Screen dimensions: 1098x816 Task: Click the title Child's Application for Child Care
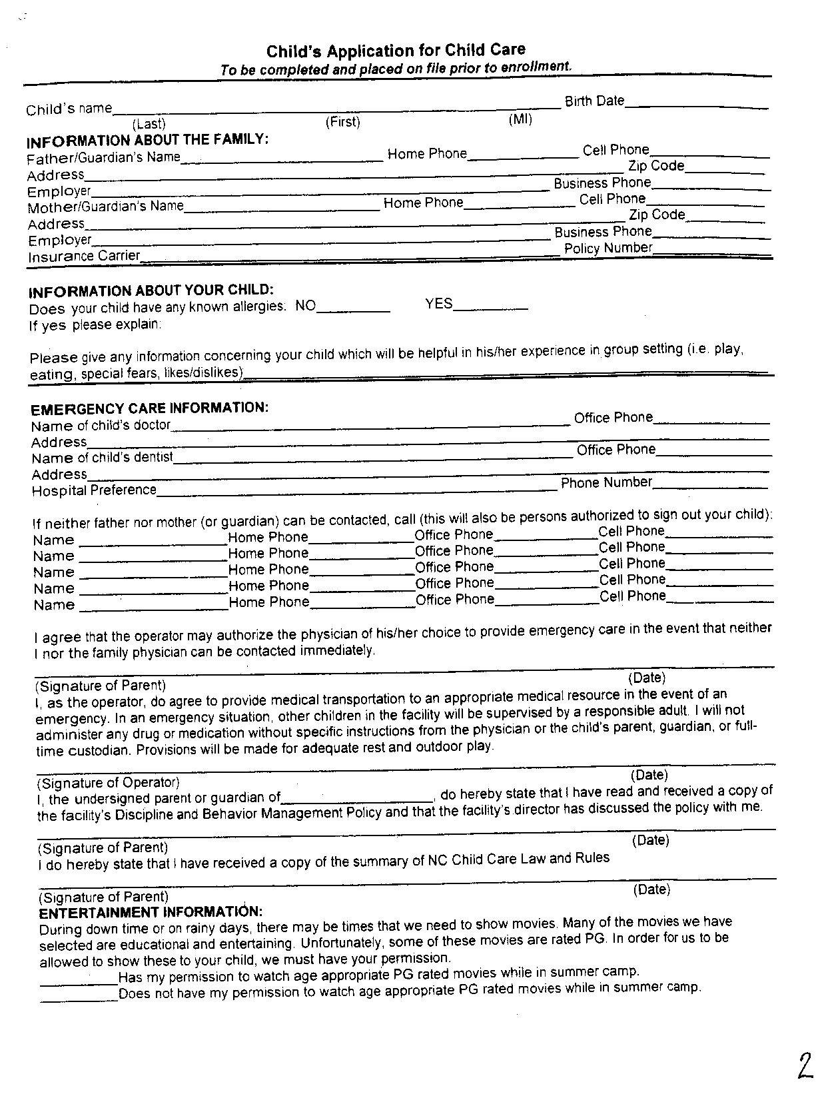pos(396,51)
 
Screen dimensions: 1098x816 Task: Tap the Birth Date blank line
pos(696,106)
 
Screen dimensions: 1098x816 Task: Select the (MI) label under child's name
pos(520,120)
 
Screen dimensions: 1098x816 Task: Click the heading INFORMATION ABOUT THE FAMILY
pos(147,141)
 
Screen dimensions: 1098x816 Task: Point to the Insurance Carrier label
pos(84,257)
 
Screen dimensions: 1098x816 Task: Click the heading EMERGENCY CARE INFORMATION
pos(150,408)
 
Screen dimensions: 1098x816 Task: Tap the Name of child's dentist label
pos(102,458)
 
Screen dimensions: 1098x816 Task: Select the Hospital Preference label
pos(94,490)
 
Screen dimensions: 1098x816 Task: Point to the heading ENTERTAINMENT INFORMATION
pos(151,912)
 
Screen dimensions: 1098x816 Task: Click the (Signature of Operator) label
pos(108,782)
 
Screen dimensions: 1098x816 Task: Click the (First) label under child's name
pos(342,122)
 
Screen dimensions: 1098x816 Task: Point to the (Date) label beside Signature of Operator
pos(649,775)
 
